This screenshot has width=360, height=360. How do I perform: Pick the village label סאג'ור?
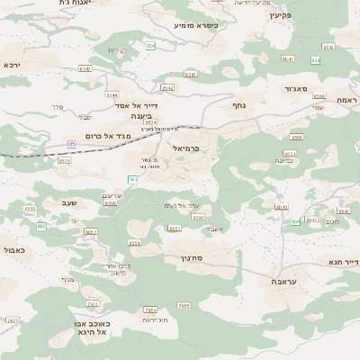(301, 90)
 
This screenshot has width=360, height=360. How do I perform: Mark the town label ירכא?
(11, 65)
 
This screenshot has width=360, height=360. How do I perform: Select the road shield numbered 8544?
(112, 94)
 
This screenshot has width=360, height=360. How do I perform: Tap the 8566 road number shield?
(296, 138)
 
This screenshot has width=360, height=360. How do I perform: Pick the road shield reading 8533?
(64, 160)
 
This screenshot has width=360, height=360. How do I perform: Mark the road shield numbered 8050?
(30, 209)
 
